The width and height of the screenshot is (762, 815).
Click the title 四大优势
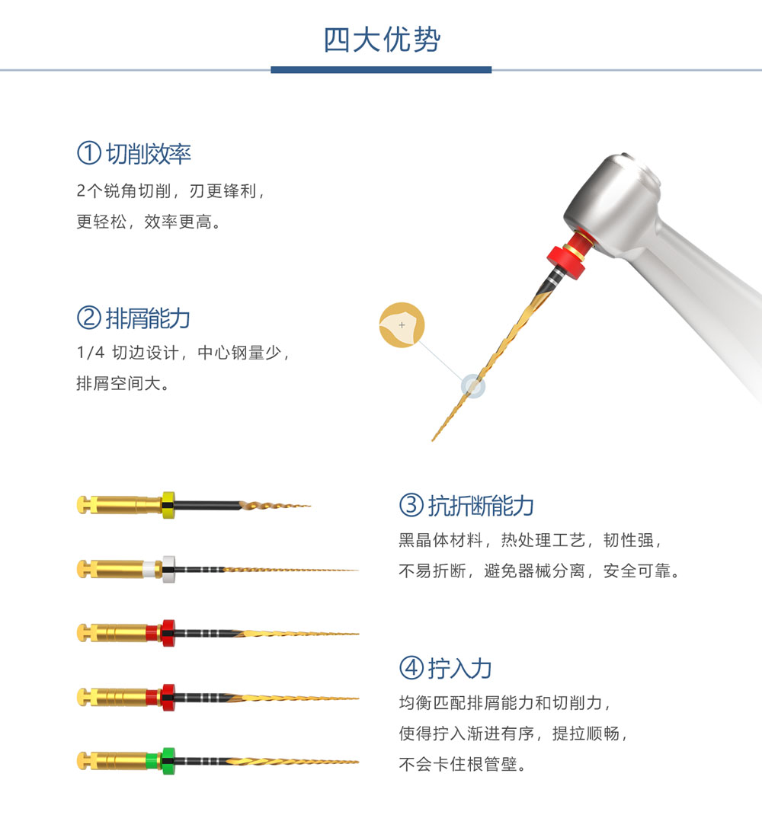[382, 40]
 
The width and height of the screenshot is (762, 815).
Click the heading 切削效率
[149, 154]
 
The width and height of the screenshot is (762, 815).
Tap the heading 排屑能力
[149, 318]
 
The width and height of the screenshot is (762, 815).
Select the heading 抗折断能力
[481, 506]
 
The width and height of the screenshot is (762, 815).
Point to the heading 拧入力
[459, 669]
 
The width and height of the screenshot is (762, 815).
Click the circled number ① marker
[89, 153]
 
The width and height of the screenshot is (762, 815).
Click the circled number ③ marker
[411, 505]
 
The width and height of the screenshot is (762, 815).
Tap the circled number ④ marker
[411, 668]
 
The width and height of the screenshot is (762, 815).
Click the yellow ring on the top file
[168, 505]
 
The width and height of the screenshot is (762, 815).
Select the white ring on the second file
[168, 569]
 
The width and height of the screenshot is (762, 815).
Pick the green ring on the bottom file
[168, 762]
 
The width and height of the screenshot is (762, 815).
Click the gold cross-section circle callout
[402, 324]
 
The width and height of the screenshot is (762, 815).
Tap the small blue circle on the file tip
[473, 386]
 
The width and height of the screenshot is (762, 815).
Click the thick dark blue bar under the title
[381, 69]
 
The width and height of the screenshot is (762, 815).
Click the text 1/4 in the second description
[91, 353]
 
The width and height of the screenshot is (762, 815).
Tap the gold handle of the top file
[120, 505]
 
